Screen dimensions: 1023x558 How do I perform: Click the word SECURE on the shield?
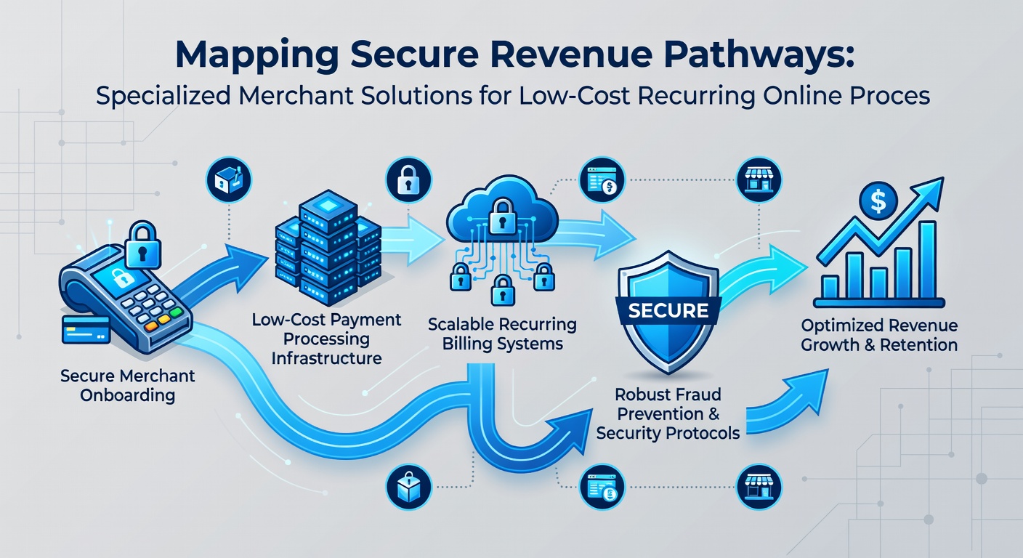click(x=668, y=310)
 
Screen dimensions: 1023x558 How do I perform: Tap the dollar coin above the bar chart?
click(x=878, y=201)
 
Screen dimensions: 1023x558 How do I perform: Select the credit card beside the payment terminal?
click(x=86, y=329)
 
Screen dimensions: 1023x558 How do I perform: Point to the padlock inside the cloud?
click(x=502, y=216)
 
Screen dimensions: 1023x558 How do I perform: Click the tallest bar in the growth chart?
click(x=927, y=259)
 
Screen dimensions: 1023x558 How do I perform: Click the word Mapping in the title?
click(x=256, y=56)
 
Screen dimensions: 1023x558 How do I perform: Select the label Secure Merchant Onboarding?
click(x=127, y=385)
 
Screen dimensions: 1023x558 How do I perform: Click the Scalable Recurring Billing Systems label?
click(x=502, y=333)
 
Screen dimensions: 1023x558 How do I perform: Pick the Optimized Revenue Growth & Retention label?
click(x=879, y=335)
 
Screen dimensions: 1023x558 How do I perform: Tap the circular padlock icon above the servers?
click(x=408, y=180)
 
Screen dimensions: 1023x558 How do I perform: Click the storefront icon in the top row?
click(x=759, y=180)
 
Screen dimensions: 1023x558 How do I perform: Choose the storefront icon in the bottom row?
click(x=759, y=487)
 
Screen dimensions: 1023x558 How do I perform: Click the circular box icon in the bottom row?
click(x=408, y=487)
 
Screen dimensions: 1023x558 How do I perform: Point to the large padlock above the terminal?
click(x=142, y=245)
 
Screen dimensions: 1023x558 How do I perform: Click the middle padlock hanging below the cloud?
click(x=502, y=290)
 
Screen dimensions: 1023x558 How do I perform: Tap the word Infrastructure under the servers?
click(x=326, y=358)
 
